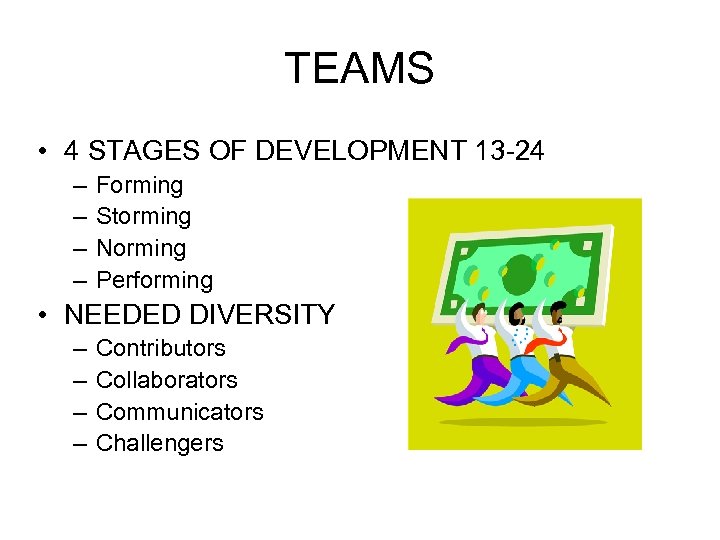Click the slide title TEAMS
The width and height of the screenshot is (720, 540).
point(359,69)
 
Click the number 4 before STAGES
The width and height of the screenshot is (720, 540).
point(71,151)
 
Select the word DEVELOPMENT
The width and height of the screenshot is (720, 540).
point(360,151)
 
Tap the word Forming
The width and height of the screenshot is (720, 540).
point(139,185)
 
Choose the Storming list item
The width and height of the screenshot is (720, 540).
point(143,216)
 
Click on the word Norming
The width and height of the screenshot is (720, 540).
point(141,248)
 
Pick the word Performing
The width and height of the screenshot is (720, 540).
point(154,280)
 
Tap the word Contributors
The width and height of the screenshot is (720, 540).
point(160,348)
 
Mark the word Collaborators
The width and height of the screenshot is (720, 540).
point(166,380)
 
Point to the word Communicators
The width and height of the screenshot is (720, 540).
point(179,412)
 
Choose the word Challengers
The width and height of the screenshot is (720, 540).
point(159,443)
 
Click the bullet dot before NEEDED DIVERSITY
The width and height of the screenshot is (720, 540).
point(42,315)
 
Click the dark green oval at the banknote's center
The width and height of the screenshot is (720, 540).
point(520,268)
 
